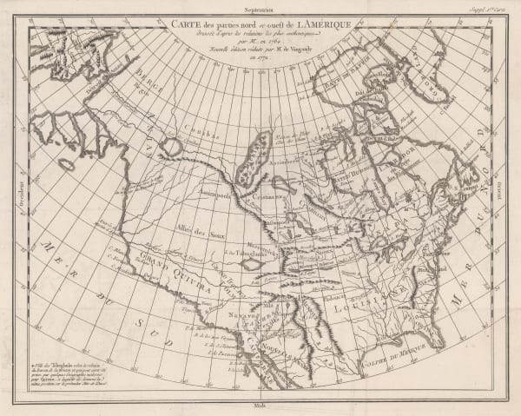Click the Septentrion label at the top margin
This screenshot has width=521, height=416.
pos(259,7)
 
